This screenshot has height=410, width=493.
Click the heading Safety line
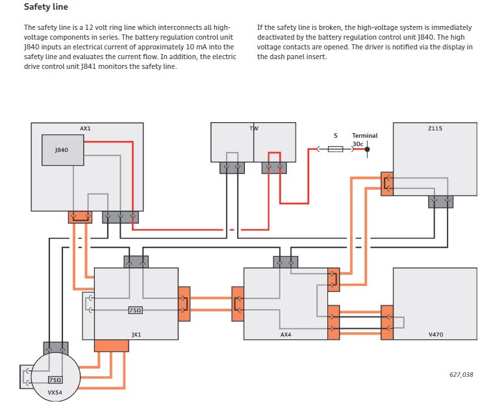click(x=45, y=7)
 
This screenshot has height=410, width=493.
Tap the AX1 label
click(x=85, y=129)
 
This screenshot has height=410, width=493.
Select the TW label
click(x=253, y=129)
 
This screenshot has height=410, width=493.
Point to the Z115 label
click(x=435, y=129)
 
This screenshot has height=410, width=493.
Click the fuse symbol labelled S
click(x=335, y=149)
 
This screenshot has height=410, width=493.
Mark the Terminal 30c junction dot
click(x=367, y=149)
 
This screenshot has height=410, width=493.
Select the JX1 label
click(x=136, y=334)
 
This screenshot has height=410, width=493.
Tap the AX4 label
click(x=286, y=334)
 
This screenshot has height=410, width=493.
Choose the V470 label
click(x=435, y=334)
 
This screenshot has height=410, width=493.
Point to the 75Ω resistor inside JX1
click(x=136, y=311)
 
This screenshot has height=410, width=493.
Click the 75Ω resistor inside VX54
click(x=55, y=379)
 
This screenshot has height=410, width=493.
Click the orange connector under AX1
click(x=81, y=216)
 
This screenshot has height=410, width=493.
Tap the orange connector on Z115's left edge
click(x=388, y=183)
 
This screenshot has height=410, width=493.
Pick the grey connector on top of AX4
click(x=286, y=261)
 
